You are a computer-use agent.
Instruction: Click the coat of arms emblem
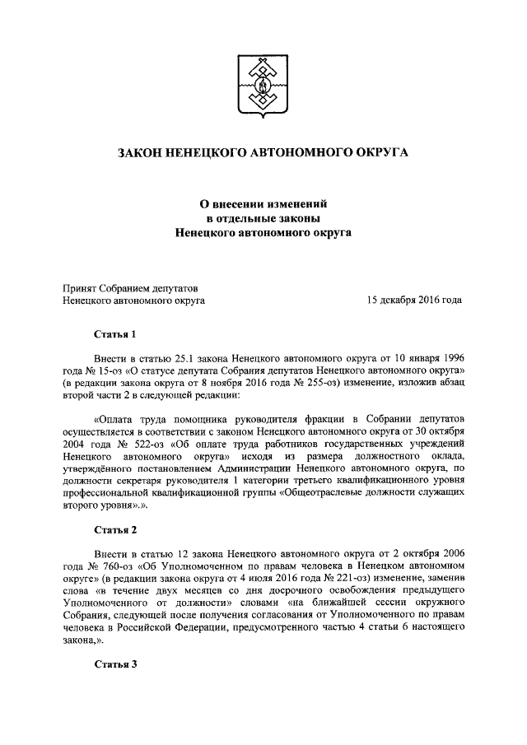tap(263, 86)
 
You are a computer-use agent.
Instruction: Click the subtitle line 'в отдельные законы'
tap(263, 218)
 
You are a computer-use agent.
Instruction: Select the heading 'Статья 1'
tap(114, 334)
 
